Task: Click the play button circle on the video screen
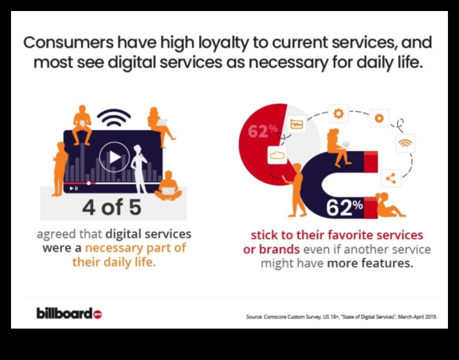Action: pyautogui.click(x=114, y=157)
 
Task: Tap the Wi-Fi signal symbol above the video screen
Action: pyautogui.click(x=114, y=117)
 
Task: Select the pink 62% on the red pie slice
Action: pyautogui.click(x=263, y=131)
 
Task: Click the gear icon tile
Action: pyautogui.click(x=339, y=113)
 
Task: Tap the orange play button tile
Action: pyautogui.click(x=379, y=118)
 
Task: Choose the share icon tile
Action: pyautogui.click(x=391, y=178)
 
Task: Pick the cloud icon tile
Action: pyautogui.click(x=277, y=155)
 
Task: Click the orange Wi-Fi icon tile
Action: pyautogui.click(x=405, y=143)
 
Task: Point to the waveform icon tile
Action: pyautogui.click(x=297, y=124)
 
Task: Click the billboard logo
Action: pyautogui.click(x=69, y=313)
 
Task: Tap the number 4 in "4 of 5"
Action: pyautogui.click(x=89, y=207)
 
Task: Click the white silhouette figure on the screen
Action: pyautogui.click(x=140, y=169)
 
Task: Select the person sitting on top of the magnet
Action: pyautogui.click(x=338, y=147)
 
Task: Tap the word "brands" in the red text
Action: pyautogui.click(x=279, y=249)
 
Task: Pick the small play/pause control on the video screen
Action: pyautogui.click(x=74, y=189)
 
